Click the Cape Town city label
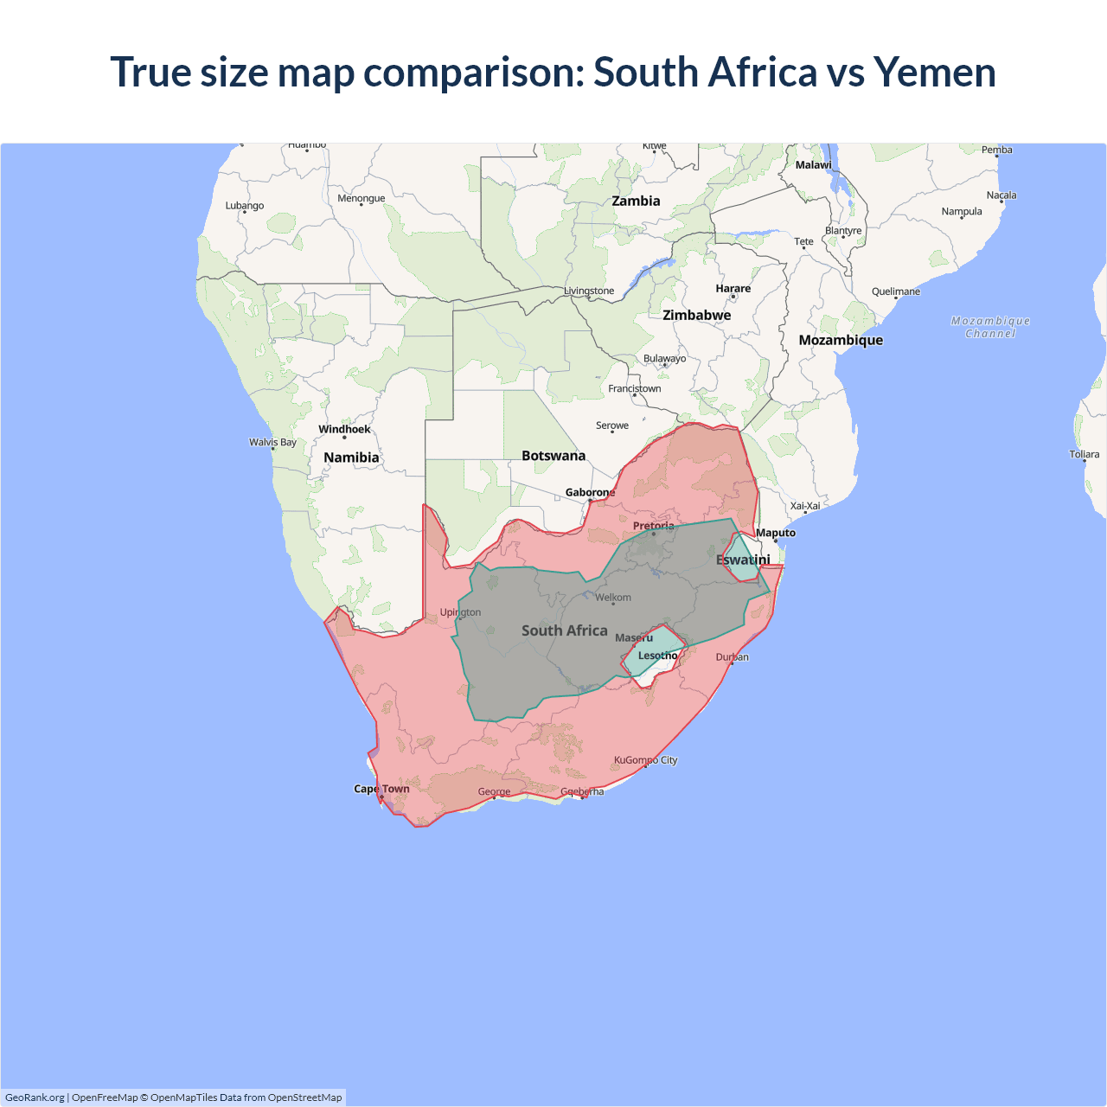pos(381,789)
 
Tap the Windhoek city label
pos(344,429)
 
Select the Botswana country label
pos(553,456)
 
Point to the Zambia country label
pos(636,201)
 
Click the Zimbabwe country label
pos(696,315)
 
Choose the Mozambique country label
pos(841,340)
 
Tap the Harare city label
pos(733,288)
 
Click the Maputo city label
pos(775,533)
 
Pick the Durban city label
pos(732,657)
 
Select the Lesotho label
pos(657,656)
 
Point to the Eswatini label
pos(743,560)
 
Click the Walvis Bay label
pos(272,442)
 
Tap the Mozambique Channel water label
pos(990,327)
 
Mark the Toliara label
pos(1084,454)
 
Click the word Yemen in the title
pos(934,72)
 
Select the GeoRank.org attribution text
pos(35,1097)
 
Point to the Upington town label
pos(460,612)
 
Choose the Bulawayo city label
pos(664,358)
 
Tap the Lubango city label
pos(245,206)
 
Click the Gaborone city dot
pos(590,501)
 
